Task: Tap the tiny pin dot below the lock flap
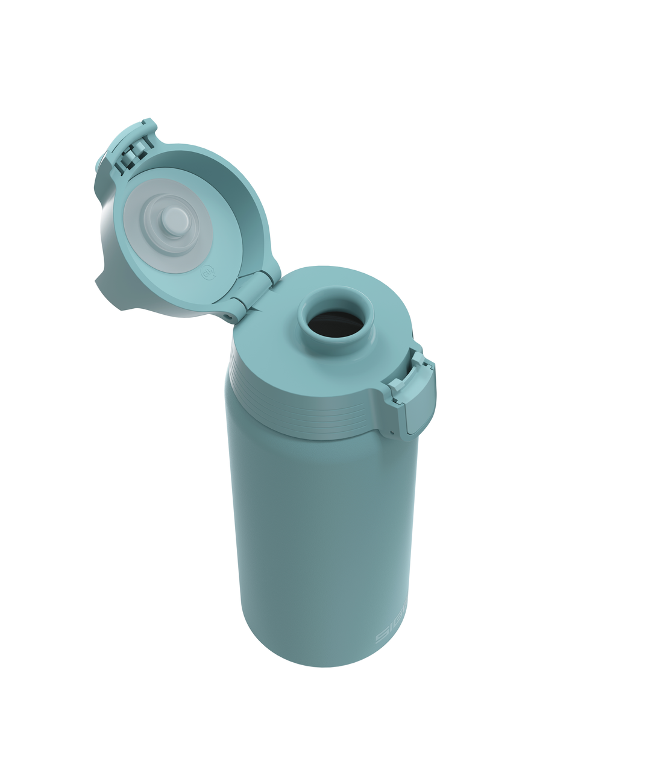392,432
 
